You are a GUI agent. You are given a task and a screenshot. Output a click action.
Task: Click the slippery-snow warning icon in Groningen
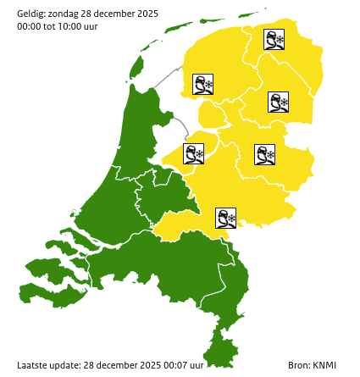coord(274,40)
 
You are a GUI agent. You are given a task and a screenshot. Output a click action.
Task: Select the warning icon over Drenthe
coord(279,103)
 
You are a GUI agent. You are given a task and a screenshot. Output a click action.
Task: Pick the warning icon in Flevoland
coord(194,153)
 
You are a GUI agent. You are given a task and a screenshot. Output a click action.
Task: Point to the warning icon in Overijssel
coord(264,154)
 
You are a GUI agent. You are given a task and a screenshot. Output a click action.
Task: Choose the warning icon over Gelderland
coord(226,219)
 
